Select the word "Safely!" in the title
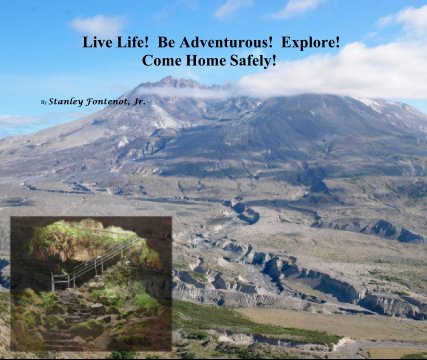pyautogui.click(x=250, y=61)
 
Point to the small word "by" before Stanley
pyautogui.click(x=43, y=102)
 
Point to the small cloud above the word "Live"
pyautogui.click(x=98, y=23)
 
